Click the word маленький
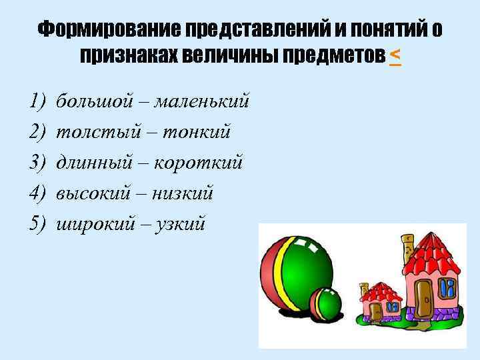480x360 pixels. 202,101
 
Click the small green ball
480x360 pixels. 327,303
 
